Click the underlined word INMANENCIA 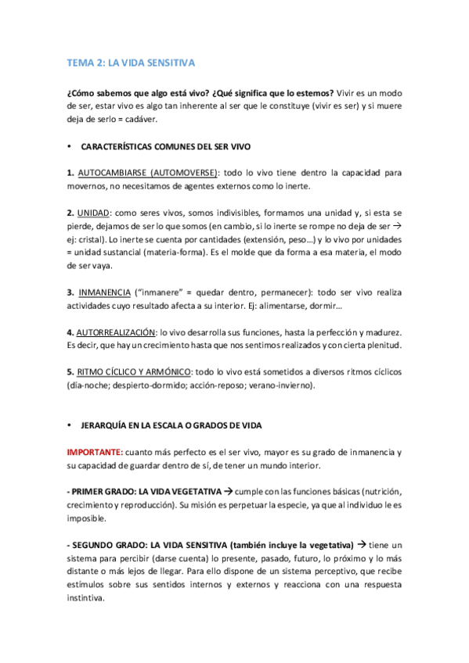(x=107, y=292)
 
